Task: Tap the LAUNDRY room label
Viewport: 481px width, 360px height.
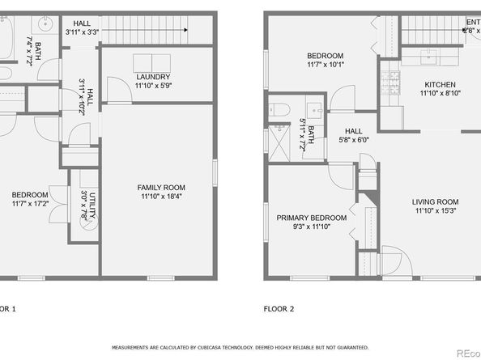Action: (x=153, y=78)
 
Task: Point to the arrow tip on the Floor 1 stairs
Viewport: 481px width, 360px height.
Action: (x=186, y=31)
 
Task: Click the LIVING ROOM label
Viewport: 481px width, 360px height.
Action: (x=436, y=202)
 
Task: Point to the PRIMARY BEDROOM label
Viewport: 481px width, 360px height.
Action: (x=312, y=218)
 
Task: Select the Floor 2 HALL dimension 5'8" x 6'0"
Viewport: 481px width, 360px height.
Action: (x=354, y=139)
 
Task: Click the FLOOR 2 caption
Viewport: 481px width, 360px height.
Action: (x=279, y=308)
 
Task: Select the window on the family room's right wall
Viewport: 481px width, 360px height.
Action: (x=215, y=172)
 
